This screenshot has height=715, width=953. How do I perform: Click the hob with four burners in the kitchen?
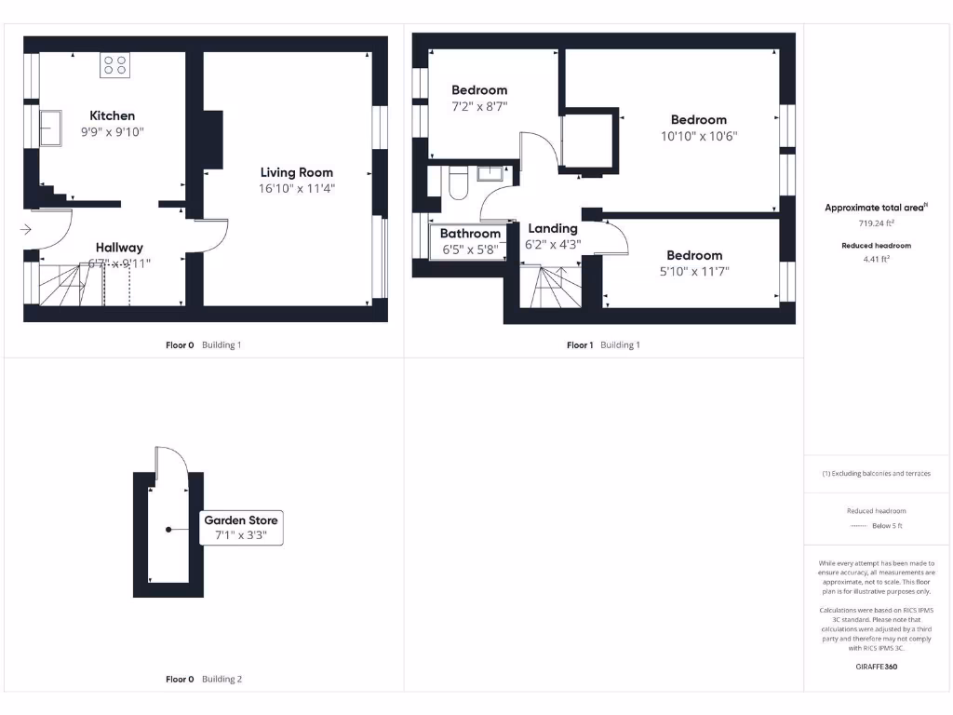[115, 64]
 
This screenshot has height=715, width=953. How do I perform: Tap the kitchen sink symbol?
[50, 128]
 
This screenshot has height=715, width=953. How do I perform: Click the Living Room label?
[296, 172]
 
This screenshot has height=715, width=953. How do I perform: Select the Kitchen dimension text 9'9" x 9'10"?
[112, 132]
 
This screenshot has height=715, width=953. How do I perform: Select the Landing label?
[553, 228]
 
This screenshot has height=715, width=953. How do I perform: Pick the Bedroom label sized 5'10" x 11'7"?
[694, 255]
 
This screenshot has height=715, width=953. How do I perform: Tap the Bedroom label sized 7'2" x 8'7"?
[479, 90]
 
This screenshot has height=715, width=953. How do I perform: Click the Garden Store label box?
[241, 528]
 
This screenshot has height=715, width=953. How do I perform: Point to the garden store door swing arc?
[177, 460]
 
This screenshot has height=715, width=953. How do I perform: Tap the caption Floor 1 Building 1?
[603, 345]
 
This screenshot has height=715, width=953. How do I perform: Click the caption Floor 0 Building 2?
[203, 680]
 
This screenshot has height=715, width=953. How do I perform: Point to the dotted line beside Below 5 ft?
[858, 527]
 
